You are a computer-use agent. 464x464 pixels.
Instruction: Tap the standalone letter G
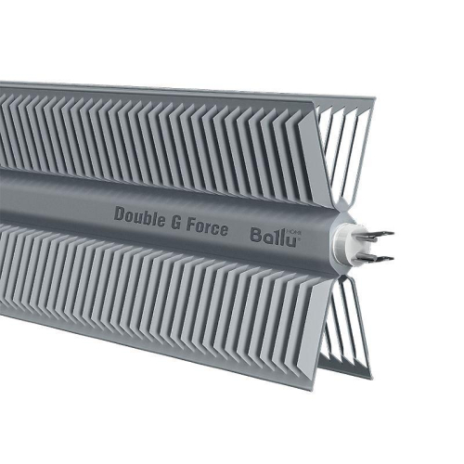click(174, 220)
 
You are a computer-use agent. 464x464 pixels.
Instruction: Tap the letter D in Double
click(120, 213)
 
